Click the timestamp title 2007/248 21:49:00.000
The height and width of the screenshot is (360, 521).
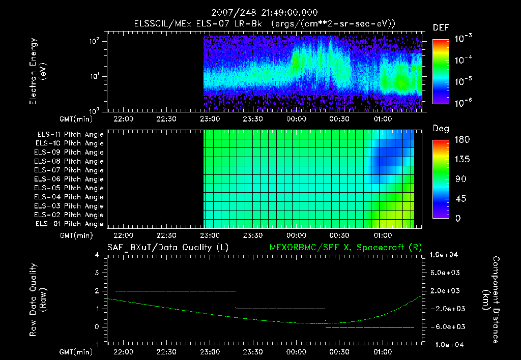tap(260, 12)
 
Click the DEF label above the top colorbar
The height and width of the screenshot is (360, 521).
tap(441, 27)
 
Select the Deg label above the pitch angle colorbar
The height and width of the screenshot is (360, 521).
tap(441, 129)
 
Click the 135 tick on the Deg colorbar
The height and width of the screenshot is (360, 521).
tap(461, 159)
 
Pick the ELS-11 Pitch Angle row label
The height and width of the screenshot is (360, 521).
tap(70, 134)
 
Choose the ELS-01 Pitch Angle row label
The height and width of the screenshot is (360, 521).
tap(70, 224)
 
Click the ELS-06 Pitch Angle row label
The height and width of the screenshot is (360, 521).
tap(70, 179)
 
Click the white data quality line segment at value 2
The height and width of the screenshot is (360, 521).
tap(176, 291)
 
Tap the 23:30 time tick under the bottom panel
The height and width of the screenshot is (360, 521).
tap(253, 351)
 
